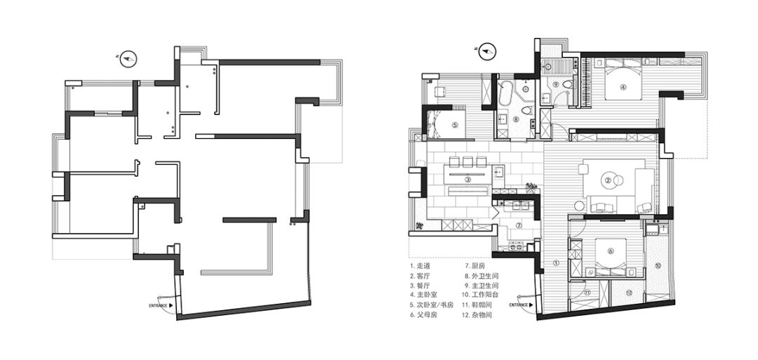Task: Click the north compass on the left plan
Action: [x=128, y=60]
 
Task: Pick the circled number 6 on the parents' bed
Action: [x=611, y=251]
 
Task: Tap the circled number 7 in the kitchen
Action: [x=519, y=225]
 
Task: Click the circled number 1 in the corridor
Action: [x=556, y=264]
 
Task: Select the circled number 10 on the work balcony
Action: [x=658, y=265]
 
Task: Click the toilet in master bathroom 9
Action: [x=570, y=86]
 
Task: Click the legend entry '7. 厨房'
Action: [x=474, y=266]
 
